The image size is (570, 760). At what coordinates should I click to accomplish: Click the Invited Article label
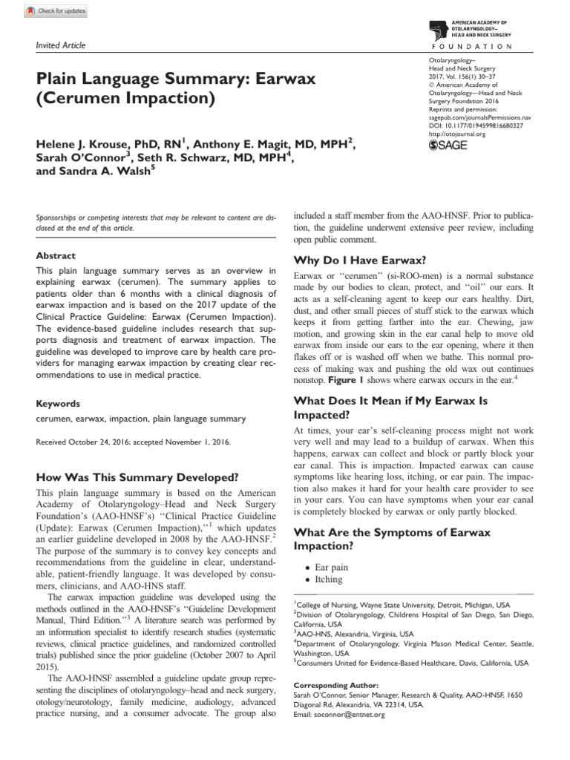point(61,46)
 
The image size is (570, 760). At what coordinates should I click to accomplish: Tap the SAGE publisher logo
point(448,145)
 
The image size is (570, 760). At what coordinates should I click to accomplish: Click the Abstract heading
point(55,255)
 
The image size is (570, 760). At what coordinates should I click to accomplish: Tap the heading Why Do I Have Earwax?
point(360,260)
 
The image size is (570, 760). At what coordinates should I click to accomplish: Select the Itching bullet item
point(329,580)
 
